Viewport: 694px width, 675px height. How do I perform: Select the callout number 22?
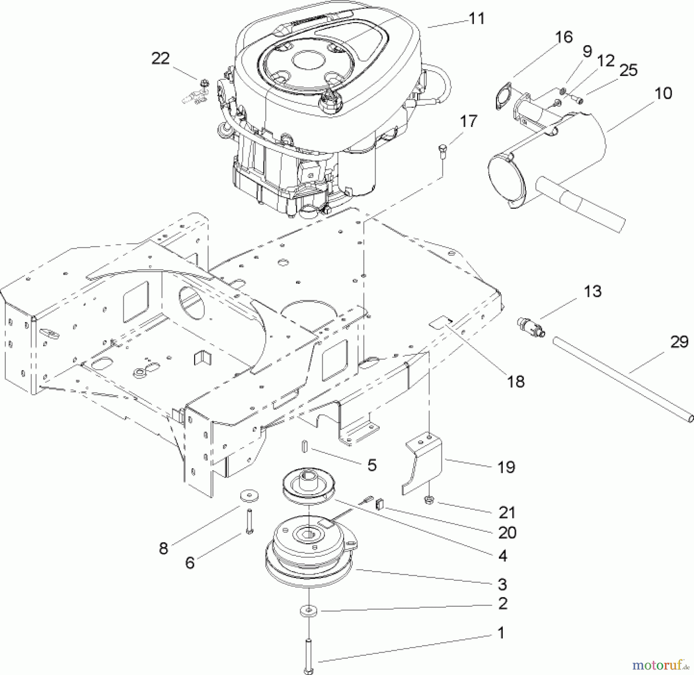(x=160, y=59)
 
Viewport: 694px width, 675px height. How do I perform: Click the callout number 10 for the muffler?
(x=663, y=93)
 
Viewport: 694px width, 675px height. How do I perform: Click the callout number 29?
(x=679, y=342)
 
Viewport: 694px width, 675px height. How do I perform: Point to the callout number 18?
(x=516, y=381)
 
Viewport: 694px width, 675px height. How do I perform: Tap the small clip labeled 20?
(x=379, y=503)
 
